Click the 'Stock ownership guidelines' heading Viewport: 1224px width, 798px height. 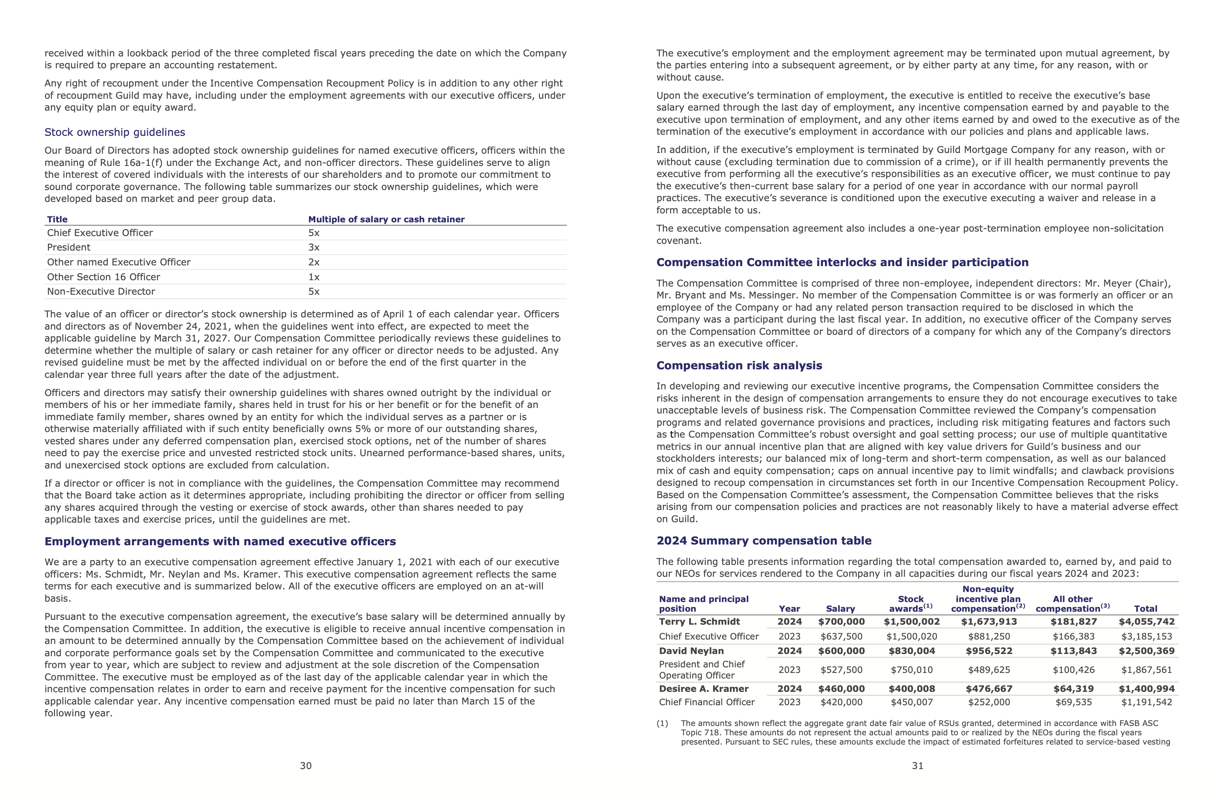115,132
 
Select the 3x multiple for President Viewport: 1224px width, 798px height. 314,248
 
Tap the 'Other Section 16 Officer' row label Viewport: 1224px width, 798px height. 103,277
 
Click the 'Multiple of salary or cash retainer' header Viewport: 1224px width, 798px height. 386,219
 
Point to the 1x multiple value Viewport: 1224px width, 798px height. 314,277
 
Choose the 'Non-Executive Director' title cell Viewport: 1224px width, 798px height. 101,291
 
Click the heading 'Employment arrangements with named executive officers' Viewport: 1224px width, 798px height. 220,541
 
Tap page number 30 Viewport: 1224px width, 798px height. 306,766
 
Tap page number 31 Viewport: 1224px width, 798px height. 918,766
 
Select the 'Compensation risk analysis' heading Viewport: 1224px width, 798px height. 739,365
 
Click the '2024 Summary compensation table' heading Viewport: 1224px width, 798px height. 764,541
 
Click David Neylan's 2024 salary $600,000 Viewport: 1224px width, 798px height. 841,651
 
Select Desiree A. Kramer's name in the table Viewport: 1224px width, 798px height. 704,689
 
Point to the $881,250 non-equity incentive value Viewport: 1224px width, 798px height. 989,637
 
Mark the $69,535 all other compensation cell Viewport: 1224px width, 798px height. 1073,702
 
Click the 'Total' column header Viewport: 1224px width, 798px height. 1145,609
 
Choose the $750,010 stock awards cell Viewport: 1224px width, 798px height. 911,670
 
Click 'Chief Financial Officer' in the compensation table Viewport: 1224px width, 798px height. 707,702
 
